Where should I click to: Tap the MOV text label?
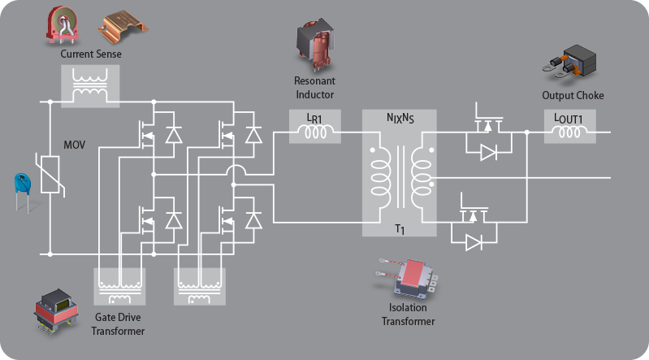[75, 146]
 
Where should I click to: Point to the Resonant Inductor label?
[314, 88]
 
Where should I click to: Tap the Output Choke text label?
[573, 96]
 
